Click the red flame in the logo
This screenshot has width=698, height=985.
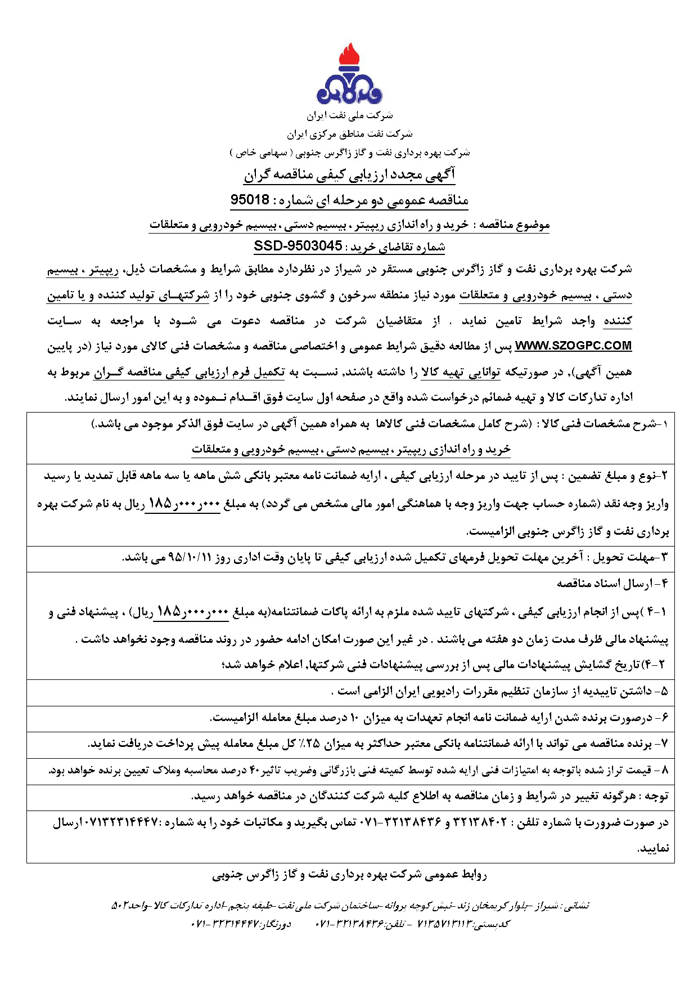[349, 56]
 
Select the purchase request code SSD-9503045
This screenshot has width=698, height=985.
[298, 246]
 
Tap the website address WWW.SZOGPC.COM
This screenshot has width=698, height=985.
[573, 346]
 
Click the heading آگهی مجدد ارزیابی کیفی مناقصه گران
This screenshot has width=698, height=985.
[349, 175]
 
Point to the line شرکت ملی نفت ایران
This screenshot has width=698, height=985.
[349, 116]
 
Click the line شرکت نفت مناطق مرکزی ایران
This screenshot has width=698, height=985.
[349, 134]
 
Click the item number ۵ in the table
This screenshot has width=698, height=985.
[664, 692]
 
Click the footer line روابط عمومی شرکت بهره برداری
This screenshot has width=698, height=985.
[349, 875]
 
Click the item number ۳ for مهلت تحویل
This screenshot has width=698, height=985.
[664, 558]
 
